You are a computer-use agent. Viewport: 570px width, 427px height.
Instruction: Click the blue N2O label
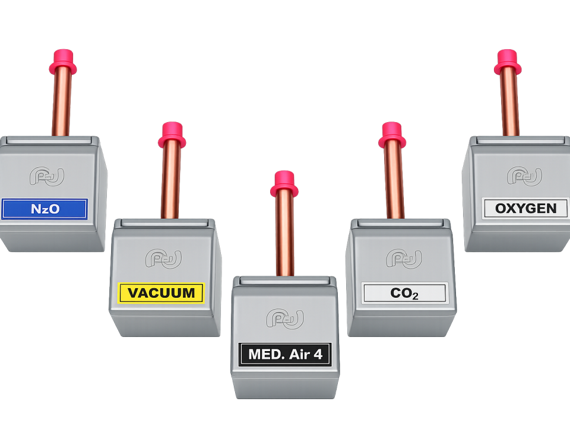point(45,209)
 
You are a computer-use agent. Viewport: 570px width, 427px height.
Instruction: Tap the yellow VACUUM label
point(161,292)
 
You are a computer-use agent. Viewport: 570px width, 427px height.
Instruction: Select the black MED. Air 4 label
point(286,354)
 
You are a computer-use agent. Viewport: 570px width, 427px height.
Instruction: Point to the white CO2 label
point(404,293)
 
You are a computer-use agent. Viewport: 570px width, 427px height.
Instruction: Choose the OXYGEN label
point(526,208)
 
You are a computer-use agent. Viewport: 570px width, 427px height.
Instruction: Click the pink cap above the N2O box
point(64,62)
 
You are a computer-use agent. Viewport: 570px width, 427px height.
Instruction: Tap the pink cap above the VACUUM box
point(172,135)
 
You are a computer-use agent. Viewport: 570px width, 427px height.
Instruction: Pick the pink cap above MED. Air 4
point(284,184)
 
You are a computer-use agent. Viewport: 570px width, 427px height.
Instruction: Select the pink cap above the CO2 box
point(392,135)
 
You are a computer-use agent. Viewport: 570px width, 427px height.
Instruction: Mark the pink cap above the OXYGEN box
point(508,62)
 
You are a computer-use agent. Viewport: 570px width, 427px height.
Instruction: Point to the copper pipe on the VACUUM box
point(171,183)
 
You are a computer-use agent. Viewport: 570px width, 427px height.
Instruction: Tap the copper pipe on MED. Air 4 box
point(284,236)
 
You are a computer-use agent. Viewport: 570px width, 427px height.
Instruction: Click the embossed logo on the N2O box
point(47,177)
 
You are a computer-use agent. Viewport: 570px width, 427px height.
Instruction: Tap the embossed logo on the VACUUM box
point(164,259)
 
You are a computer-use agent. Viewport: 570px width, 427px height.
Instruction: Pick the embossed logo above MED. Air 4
point(285,319)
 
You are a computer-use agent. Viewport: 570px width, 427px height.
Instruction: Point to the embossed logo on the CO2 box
point(404,259)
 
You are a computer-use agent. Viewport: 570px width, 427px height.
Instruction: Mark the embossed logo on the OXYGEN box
point(524,177)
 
